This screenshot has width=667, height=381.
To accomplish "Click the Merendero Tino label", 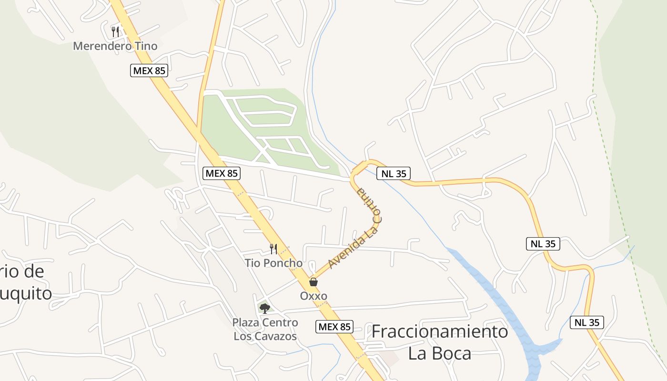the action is pos(115,46).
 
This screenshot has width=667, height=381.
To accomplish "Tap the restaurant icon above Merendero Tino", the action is pos(115,31).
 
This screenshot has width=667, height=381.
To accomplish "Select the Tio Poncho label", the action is pos(273,263).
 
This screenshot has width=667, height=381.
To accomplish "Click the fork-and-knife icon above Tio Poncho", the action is pos(273,248).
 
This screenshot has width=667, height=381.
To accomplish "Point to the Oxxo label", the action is pos(313,296).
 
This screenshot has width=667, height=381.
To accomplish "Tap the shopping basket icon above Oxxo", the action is pos(313,282).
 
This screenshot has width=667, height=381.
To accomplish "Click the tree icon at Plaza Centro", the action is pos(265,308).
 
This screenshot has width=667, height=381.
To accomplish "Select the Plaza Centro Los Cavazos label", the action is pos(265,329).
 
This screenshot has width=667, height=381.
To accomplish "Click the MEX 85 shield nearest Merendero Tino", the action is pos(149,71).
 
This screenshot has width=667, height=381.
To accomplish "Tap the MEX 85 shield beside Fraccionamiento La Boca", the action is pos(334,327).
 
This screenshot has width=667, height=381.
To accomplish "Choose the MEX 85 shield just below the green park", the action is pos(222,173).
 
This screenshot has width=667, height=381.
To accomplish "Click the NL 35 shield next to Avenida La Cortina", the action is pos(394,174).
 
